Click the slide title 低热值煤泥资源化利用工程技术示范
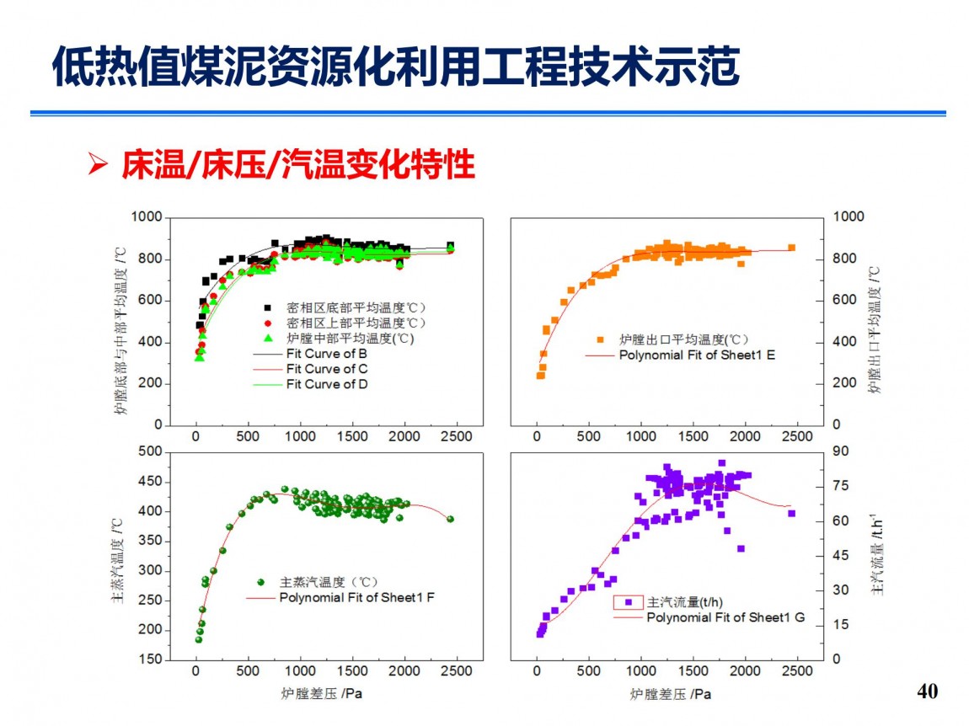395,67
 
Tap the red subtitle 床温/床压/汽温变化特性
298,165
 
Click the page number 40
926,691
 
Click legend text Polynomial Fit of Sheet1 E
697,355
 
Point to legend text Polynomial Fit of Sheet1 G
725,617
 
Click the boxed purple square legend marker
628,602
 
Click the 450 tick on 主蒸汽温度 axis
151,482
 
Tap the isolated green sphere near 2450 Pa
450,519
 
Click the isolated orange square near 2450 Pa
791,248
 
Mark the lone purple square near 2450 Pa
791,513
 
